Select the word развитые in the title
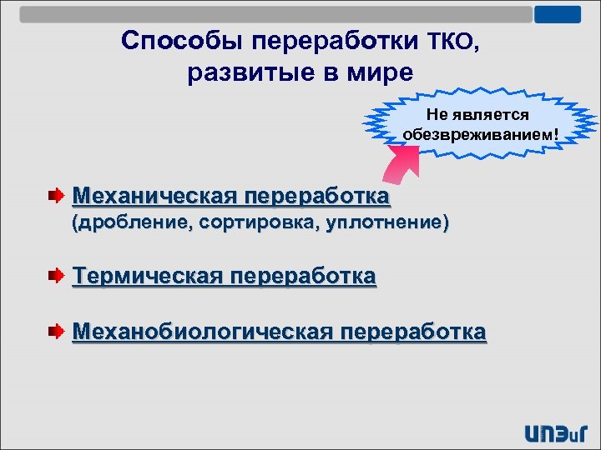pyautogui.click(x=242, y=72)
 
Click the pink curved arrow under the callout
pyautogui.click(x=399, y=166)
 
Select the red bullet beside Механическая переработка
pyautogui.click(x=55, y=197)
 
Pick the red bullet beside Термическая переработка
pyautogui.click(x=55, y=275)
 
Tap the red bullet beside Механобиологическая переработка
pyautogui.click(x=55, y=332)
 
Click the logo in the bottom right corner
pyautogui.click(x=557, y=432)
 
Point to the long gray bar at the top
pyautogui.click(x=275, y=14)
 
